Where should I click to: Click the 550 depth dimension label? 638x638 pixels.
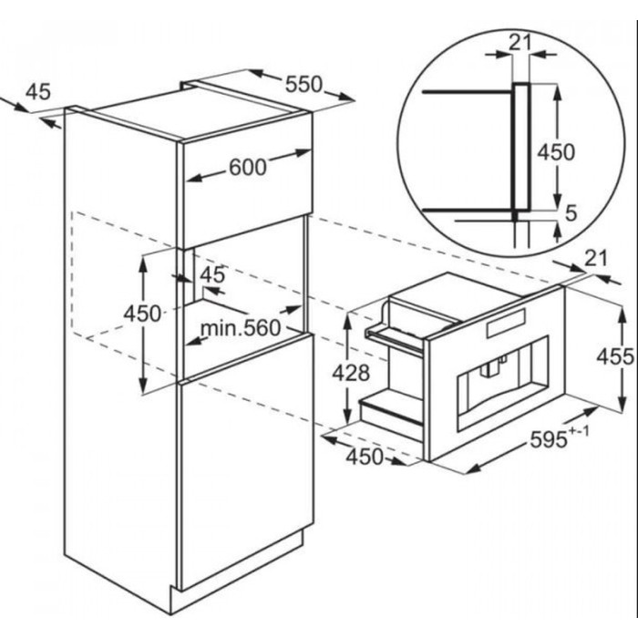click(x=304, y=85)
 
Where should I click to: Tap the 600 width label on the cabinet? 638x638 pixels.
click(x=247, y=167)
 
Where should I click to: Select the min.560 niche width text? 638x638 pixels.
click(x=241, y=328)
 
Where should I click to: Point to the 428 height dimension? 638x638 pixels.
click(x=351, y=373)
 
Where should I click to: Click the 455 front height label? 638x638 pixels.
click(x=615, y=356)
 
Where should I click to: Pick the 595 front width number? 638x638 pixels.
click(x=549, y=439)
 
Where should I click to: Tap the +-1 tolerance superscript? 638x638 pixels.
click(x=578, y=431)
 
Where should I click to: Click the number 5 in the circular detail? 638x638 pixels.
click(x=571, y=212)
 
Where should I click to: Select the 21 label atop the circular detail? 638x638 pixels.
click(x=520, y=42)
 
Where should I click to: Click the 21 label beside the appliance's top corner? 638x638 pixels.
click(x=595, y=259)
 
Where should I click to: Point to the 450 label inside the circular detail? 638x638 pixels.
click(x=556, y=152)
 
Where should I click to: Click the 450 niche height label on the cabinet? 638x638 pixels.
click(x=142, y=314)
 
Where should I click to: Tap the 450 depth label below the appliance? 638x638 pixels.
click(x=365, y=457)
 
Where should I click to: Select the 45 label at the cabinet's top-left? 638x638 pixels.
click(x=38, y=91)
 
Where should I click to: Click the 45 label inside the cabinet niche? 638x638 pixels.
click(x=212, y=275)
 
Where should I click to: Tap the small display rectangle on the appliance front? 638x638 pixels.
click(x=506, y=324)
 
